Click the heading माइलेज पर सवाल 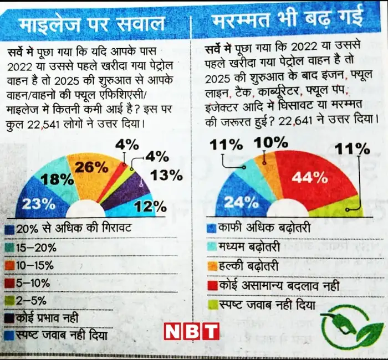(x=91, y=25)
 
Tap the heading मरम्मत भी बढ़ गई (x=288, y=18)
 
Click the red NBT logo (x=192, y=331)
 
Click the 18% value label (x=57, y=179)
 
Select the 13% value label (x=166, y=176)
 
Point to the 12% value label (x=150, y=207)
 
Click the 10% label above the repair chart (x=270, y=143)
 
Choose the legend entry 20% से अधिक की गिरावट (x=68, y=228)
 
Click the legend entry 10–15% (x=29, y=266)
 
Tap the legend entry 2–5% (x=25, y=301)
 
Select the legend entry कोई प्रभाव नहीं (x=42, y=318)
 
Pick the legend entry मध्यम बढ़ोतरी (x=244, y=247)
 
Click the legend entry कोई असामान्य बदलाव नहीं (x=273, y=286)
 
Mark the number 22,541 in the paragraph (x=43, y=125)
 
